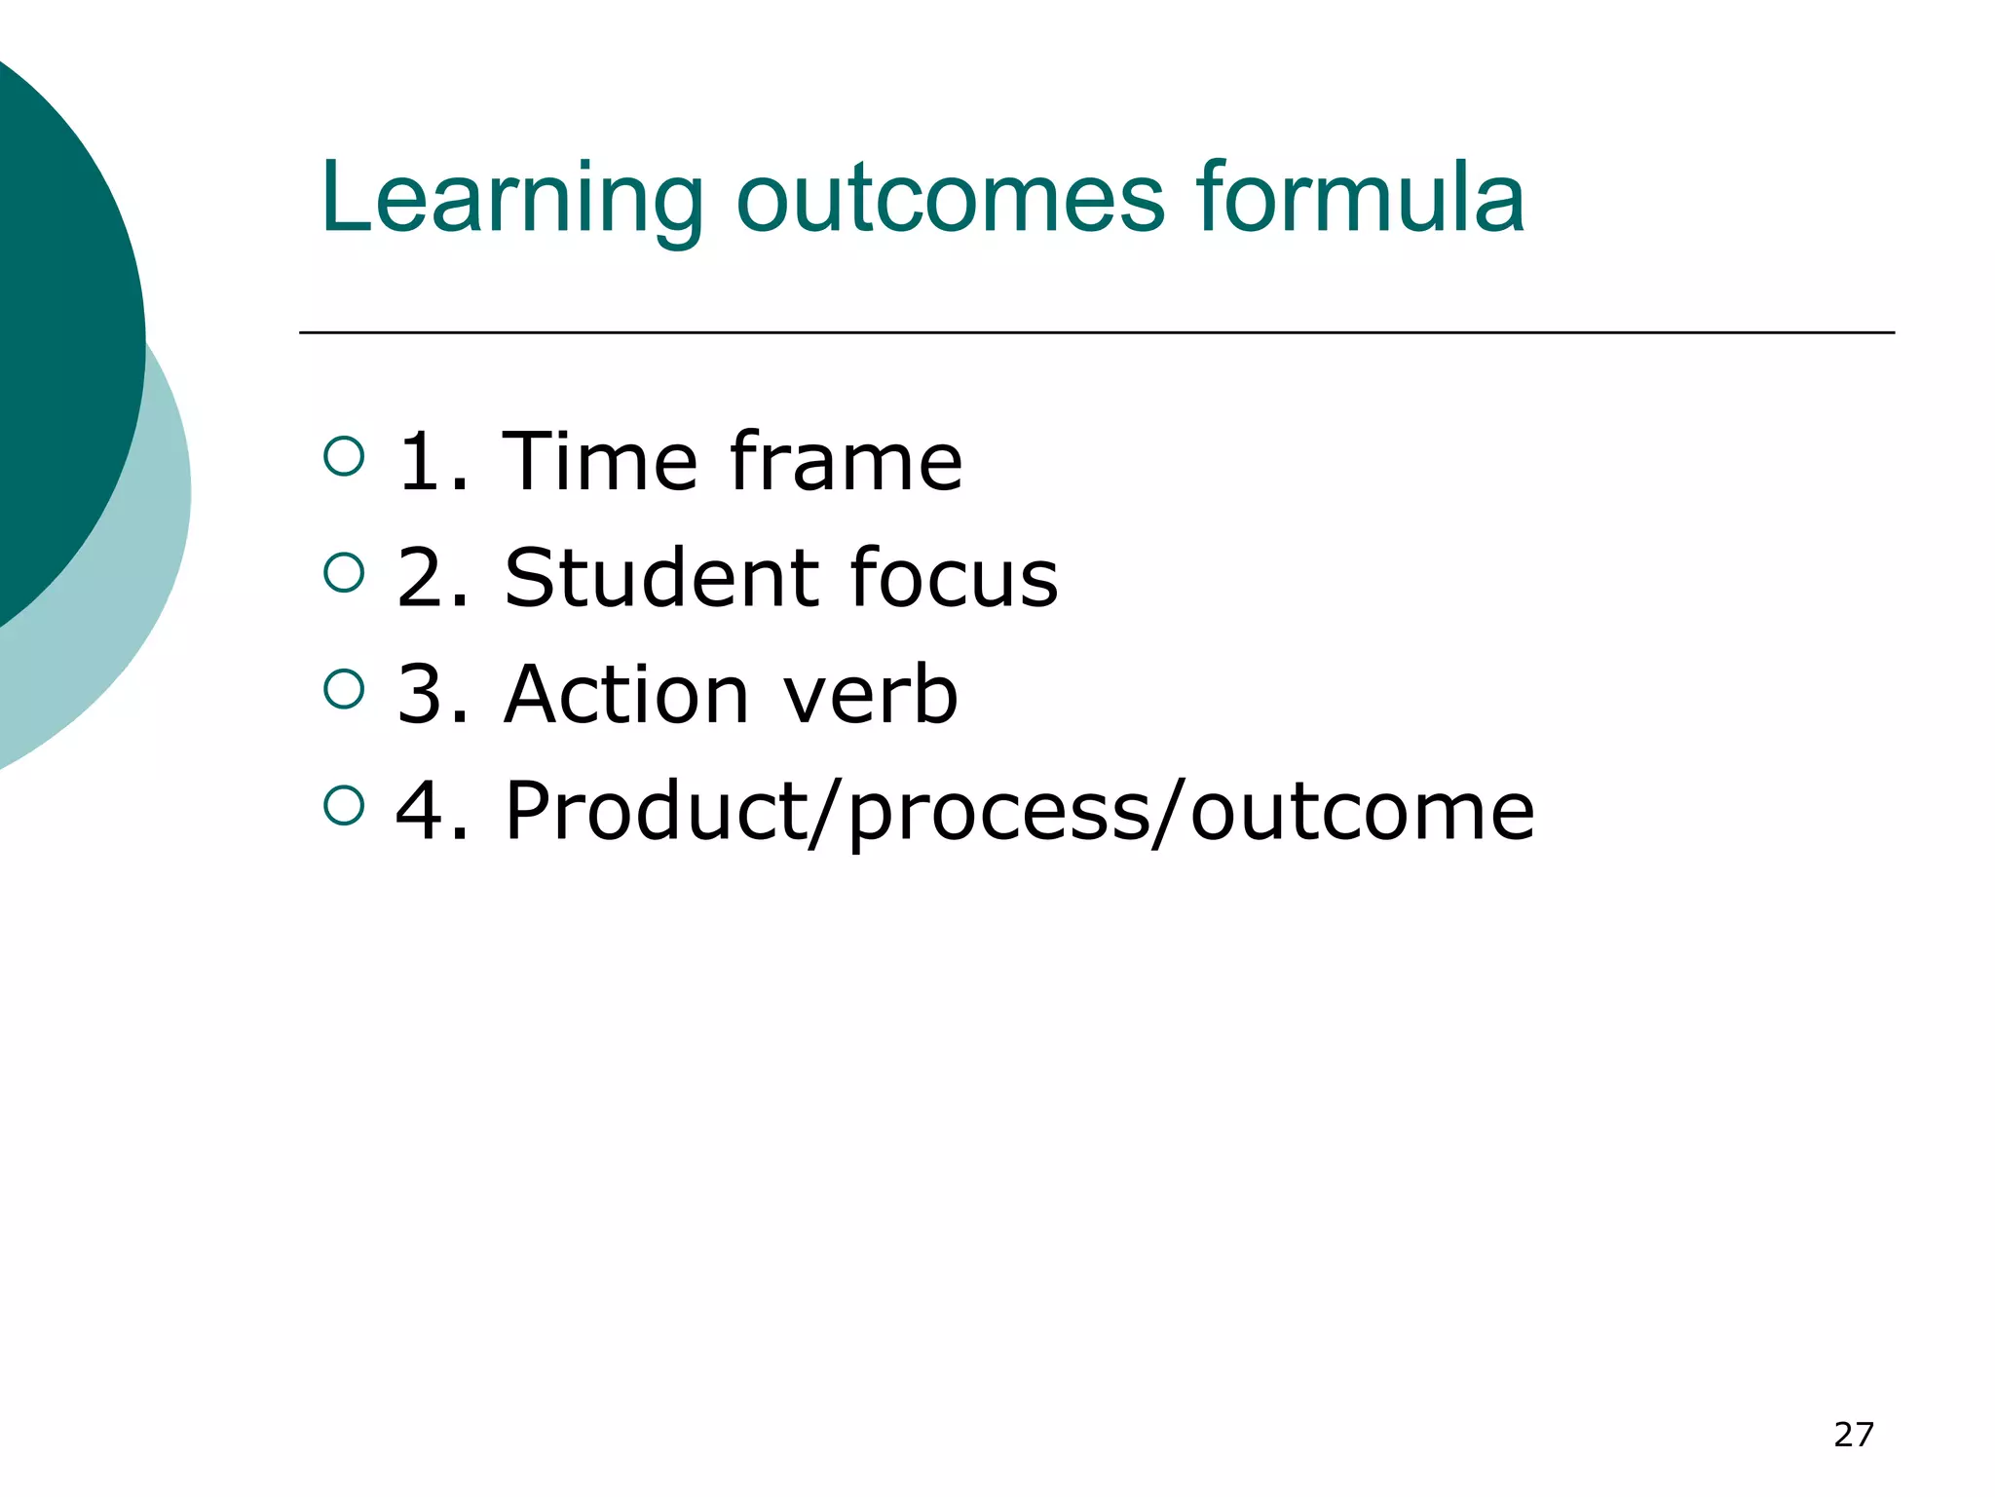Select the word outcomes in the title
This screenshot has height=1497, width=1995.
coord(950,200)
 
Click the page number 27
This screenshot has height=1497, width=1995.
coord(1853,1435)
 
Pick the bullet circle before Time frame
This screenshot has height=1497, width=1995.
coord(343,455)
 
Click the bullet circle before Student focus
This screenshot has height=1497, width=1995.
coord(343,572)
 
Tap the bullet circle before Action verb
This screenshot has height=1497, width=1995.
coord(343,689)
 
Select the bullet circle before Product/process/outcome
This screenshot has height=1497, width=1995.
coord(343,805)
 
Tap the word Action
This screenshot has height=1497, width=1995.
coord(626,695)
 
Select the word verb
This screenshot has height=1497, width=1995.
coord(870,695)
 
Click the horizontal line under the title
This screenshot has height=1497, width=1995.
coord(1096,332)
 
